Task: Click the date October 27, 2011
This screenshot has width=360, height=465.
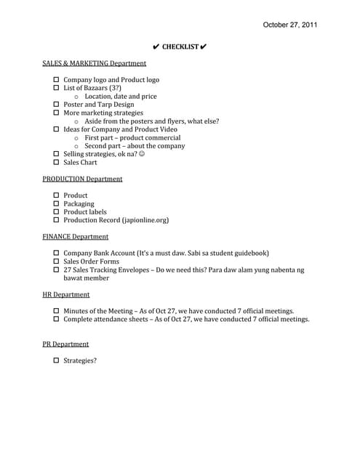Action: tap(290, 25)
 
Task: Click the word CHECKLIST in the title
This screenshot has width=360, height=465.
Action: tap(180, 47)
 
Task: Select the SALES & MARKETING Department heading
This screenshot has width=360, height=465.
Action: tap(94, 63)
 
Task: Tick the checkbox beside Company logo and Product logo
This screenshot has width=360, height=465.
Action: tap(57, 80)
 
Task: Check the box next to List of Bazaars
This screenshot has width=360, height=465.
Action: tap(57, 88)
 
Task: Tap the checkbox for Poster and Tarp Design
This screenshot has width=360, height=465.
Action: tap(57, 105)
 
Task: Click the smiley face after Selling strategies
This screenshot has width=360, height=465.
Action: tap(141, 154)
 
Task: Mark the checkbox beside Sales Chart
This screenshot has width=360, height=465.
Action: tap(57, 163)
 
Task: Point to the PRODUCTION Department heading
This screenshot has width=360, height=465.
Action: tap(82, 179)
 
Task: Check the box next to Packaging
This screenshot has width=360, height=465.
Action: tap(57, 204)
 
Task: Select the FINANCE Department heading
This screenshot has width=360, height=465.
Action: tap(76, 236)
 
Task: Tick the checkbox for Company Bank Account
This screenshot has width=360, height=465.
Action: tap(57, 254)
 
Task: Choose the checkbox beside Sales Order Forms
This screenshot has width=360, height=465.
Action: tap(57, 262)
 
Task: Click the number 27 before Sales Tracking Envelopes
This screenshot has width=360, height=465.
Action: tap(68, 270)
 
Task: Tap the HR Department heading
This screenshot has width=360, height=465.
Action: tap(66, 294)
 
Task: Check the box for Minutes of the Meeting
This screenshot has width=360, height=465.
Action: tap(57, 311)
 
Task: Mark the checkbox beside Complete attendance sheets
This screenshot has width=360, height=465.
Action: tap(57, 319)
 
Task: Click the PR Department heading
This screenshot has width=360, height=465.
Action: tap(65, 344)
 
